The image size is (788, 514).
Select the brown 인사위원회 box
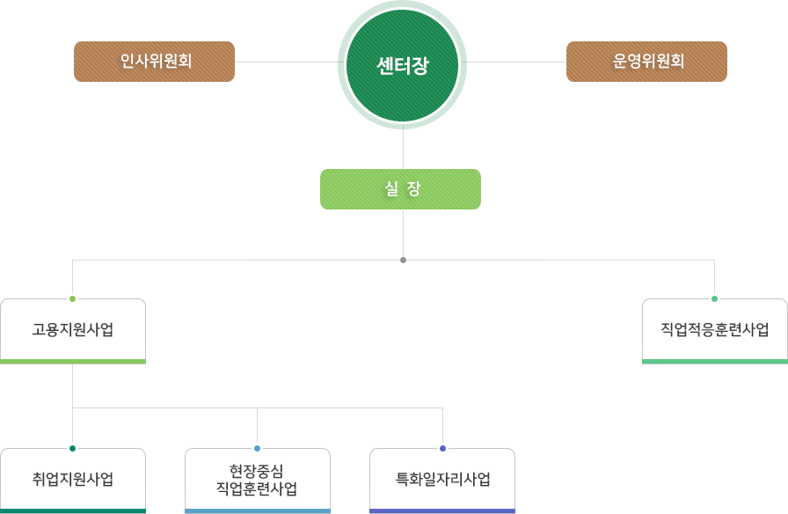(x=154, y=62)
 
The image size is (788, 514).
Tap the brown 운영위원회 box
(x=646, y=62)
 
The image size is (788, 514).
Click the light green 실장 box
(x=400, y=189)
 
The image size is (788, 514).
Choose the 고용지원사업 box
(x=73, y=330)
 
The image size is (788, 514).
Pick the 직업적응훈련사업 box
(x=715, y=330)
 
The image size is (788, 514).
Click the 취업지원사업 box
(x=73, y=480)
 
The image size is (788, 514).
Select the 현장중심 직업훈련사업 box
(x=258, y=480)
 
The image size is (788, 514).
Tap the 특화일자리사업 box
(x=442, y=480)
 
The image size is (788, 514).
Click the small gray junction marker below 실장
(x=403, y=261)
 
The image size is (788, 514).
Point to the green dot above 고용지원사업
(x=72, y=299)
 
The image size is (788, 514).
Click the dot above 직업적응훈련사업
(x=714, y=299)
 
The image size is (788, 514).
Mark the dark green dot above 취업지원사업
(x=72, y=449)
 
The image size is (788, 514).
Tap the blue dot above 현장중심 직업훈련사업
(x=258, y=449)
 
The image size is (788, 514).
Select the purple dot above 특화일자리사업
(x=442, y=449)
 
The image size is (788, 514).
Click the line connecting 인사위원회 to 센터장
(x=286, y=62)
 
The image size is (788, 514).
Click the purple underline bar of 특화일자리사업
(x=442, y=510)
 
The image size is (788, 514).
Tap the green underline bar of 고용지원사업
(x=73, y=361)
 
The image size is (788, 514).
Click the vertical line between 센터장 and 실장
(x=403, y=150)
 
